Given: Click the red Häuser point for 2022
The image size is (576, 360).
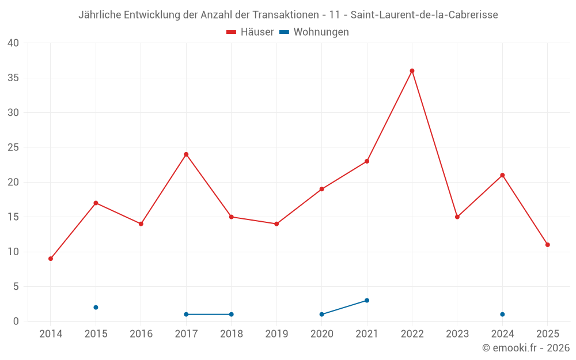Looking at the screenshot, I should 412,71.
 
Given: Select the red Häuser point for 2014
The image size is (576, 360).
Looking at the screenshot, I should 51,259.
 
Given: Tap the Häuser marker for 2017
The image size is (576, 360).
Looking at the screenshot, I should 186,154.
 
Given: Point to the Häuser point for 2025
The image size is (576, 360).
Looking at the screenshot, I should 547,245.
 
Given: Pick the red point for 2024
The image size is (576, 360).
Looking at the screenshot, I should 502,175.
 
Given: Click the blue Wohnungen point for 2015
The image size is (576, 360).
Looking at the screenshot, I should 96,308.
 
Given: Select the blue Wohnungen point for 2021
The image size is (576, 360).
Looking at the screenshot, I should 367,301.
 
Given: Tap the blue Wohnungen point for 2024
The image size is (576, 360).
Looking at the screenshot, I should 502,314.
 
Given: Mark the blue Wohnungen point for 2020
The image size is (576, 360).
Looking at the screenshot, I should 321,314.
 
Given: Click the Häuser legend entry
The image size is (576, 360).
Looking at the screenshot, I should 250,32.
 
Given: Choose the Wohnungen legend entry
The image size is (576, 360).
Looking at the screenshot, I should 314,32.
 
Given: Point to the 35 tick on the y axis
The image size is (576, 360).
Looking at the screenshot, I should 13,78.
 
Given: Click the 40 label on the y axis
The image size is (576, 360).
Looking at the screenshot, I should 13,43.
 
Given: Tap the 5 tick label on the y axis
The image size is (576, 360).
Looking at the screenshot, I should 16,287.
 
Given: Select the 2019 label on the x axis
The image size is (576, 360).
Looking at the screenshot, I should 276,334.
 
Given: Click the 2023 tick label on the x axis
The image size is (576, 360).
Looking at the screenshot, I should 457,334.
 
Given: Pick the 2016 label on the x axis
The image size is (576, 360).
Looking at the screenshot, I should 141,334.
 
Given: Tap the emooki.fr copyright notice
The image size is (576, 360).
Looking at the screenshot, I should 525,348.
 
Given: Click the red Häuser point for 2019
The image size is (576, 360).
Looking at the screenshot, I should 276,224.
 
